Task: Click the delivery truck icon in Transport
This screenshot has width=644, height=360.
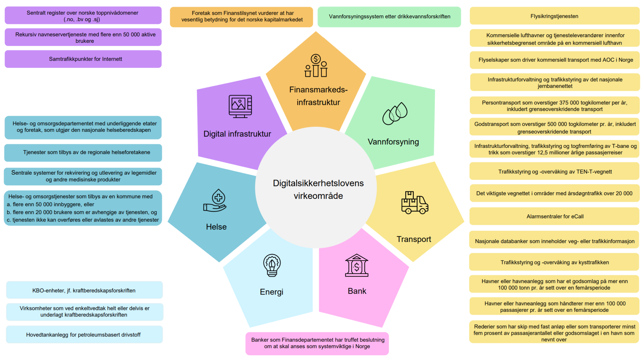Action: [414, 203]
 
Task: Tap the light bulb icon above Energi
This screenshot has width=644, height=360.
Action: [272, 265]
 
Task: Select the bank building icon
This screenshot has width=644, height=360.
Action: [357, 266]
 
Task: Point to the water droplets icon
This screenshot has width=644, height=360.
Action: [395, 114]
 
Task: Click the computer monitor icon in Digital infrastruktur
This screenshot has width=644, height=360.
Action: [240, 106]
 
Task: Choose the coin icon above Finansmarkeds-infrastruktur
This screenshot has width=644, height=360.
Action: [316, 59]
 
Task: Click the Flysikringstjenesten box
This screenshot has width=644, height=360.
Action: [554, 16]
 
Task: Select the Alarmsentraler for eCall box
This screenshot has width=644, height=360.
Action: [554, 216]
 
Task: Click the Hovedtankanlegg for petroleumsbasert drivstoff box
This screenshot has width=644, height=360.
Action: [84, 335]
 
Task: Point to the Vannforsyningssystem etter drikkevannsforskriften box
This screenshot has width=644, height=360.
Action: [389, 17]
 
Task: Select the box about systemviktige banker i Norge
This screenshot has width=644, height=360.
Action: [317, 343]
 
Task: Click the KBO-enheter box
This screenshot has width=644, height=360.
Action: [84, 290]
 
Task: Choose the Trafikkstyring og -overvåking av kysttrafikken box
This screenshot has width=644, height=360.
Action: [554, 262]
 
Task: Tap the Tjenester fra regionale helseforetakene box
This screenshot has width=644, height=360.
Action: [83, 153]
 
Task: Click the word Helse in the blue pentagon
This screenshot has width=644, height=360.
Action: [216, 227]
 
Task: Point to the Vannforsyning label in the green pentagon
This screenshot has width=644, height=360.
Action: [393, 142]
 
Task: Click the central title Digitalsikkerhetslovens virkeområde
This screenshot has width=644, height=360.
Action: [318, 189]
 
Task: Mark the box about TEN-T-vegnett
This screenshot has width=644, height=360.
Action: [554, 172]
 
